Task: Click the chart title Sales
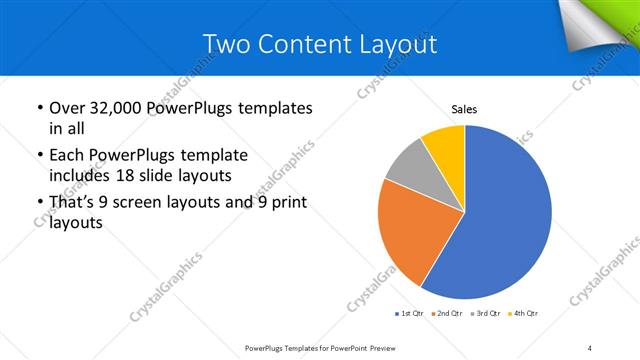click(465, 110)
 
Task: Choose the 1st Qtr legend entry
click(410, 314)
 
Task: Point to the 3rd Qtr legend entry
click(485, 314)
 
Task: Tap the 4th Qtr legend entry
click(523, 314)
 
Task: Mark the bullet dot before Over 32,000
click(39, 107)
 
